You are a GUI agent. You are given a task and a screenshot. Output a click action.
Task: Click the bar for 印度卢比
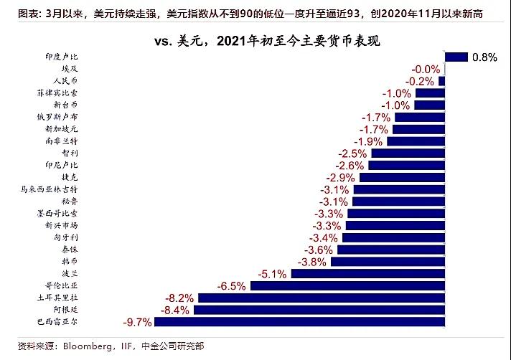click(456, 57)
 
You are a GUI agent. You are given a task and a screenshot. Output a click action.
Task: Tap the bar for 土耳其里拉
click(321, 297)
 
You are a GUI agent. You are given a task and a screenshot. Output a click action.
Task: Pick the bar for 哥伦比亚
click(347, 285)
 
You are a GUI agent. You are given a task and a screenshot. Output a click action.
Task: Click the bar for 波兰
click(368, 273)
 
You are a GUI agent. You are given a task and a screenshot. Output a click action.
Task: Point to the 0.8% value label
click(484, 57)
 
